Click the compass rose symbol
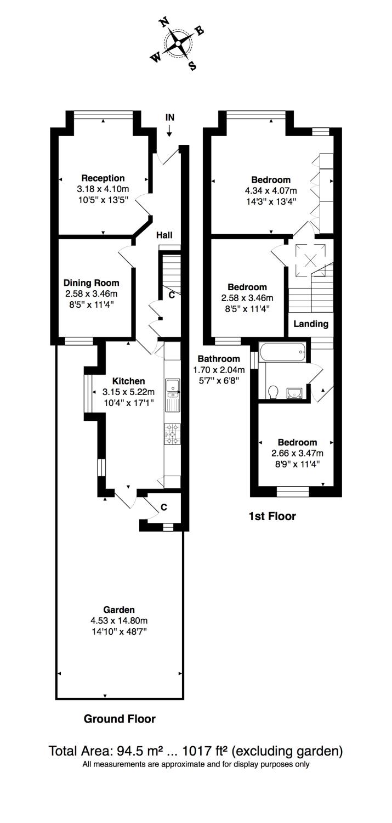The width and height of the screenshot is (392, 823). (x=178, y=43)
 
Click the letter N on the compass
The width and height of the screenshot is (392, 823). (x=163, y=23)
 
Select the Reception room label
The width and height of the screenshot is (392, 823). (x=103, y=178)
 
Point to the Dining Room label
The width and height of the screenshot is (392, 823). (x=91, y=283)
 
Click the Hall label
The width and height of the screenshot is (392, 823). (x=164, y=235)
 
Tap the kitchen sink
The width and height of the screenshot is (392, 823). (x=172, y=387)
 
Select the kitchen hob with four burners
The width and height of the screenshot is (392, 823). (x=172, y=433)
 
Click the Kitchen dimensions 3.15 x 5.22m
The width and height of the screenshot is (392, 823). (x=128, y=392)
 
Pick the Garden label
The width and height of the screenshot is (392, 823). (x=119, y=610)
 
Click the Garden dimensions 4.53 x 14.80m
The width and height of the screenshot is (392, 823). (x=119, y=621)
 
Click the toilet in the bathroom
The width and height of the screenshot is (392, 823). (x=274, y=392)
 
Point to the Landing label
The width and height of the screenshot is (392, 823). (x=311, y=324)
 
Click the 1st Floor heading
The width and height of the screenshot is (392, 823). (x=272, y=516)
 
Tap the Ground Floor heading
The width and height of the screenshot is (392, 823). (x=120, y=719)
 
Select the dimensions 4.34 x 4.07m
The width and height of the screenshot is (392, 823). (x=271, y=190)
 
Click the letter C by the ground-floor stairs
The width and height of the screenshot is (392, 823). (x=172, y=295)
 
